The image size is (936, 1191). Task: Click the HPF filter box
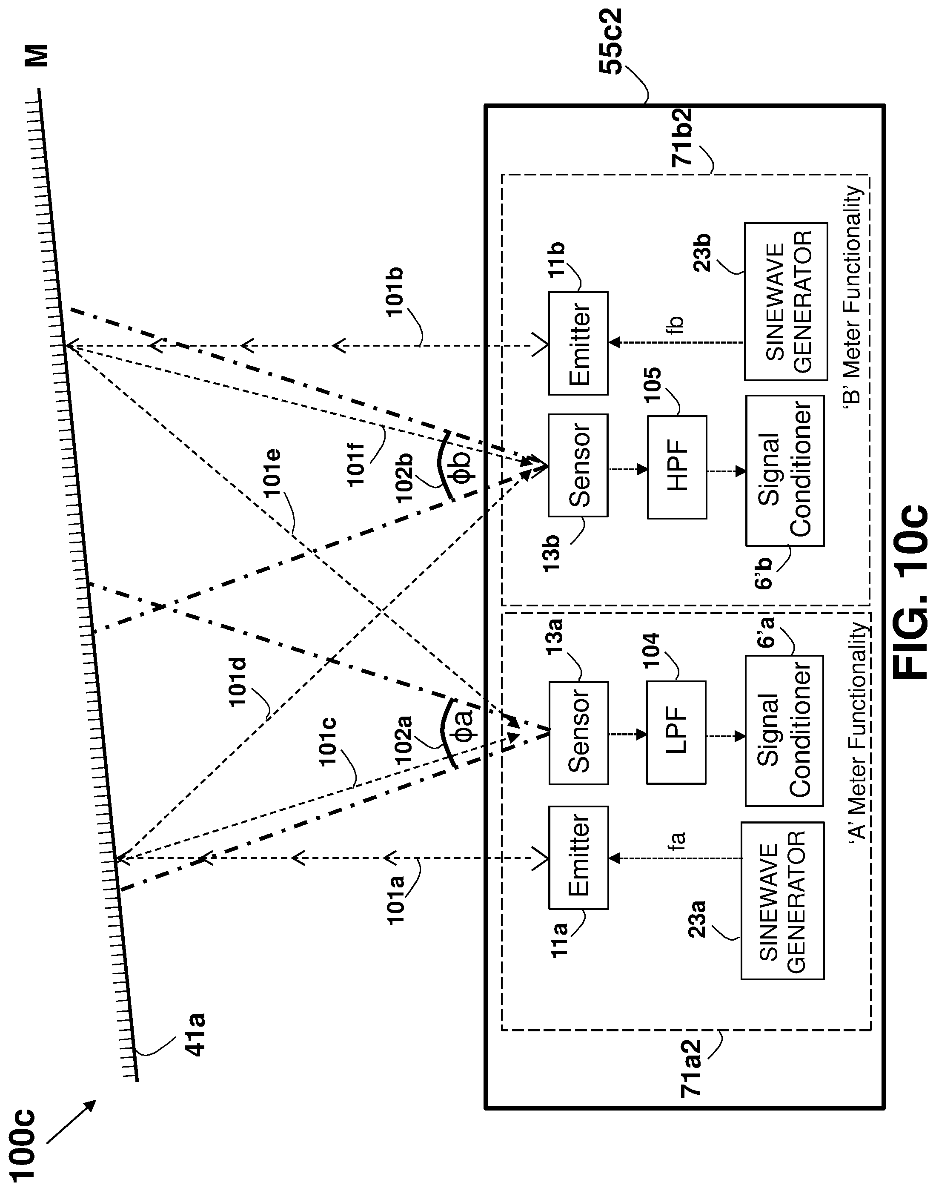pos(677,467)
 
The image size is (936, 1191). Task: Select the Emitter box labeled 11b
pos(578,343)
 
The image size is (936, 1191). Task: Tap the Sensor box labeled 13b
pos(578,465)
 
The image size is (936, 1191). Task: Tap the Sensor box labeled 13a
pos(578,733)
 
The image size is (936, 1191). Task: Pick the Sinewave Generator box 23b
pos(786,301)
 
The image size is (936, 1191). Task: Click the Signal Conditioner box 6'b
pos(785,470)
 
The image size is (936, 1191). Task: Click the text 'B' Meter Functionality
pos(853,295)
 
